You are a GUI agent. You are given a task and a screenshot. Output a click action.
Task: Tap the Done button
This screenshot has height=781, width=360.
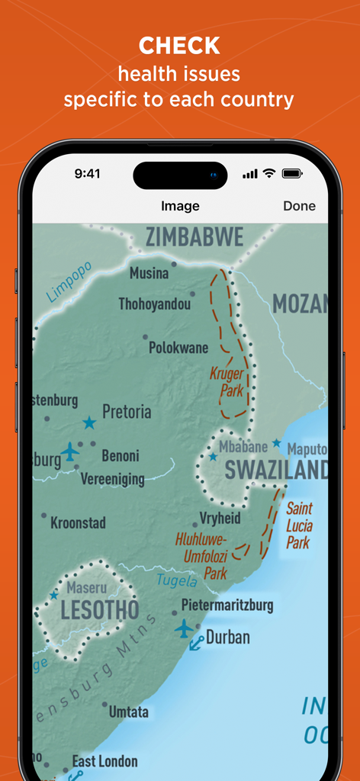(299, 206)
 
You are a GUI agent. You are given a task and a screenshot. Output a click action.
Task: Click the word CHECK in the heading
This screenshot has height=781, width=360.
(179, 47)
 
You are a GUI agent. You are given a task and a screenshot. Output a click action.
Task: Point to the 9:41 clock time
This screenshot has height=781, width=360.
(87, 174)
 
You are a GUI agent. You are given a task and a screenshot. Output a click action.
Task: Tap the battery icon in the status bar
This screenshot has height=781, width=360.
(292, 174)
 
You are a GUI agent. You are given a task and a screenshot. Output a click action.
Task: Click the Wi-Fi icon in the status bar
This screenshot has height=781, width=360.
(268, 174)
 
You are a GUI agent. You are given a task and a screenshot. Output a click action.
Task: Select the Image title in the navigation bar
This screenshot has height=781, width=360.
(180, 206)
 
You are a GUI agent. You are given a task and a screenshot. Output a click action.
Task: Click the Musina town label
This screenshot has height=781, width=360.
(149, 273)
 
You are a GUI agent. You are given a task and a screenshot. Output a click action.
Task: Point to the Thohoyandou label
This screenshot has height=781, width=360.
(154, 304)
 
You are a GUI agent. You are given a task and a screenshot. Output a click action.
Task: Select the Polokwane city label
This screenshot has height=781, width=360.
(178, 348)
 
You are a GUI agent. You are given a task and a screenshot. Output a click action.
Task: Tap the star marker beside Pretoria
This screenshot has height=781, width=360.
(89, 423)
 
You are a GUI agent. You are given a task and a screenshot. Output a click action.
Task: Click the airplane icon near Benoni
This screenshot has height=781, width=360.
(70, 452)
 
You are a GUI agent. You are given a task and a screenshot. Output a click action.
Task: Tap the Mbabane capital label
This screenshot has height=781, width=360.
(243, 447)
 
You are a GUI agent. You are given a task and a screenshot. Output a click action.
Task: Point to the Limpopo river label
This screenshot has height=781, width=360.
(68, 281)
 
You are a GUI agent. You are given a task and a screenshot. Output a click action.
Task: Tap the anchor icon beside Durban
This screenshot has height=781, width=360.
(196, 642)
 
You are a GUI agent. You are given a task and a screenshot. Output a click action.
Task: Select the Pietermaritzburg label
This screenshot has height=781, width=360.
(227, 606)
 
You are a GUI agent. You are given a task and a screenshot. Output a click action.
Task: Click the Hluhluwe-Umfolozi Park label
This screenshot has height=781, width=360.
(208, 555)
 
